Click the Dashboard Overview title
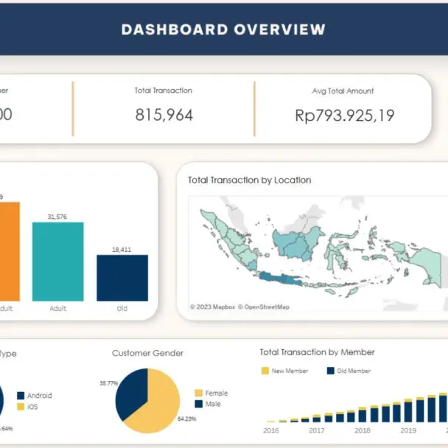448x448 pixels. [x=223, y=30]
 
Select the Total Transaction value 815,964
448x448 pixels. [x=163, y=115]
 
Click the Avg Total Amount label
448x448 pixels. [x=343, y=91]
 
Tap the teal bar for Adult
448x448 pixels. [x=57, y=262]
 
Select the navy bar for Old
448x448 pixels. [x=122, y=278]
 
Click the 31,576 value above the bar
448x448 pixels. [x=57, y=217]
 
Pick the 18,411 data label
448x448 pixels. [x=122, y=250]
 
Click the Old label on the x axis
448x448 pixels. [x=122, y=309]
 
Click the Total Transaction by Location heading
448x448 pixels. [x=249, y=180]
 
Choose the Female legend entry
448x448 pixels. [x=216, y=393]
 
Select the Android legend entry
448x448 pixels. [x=38, y=396]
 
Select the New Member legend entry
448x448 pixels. [x=287, y=371]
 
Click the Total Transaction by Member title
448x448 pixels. [x=317, y=352]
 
